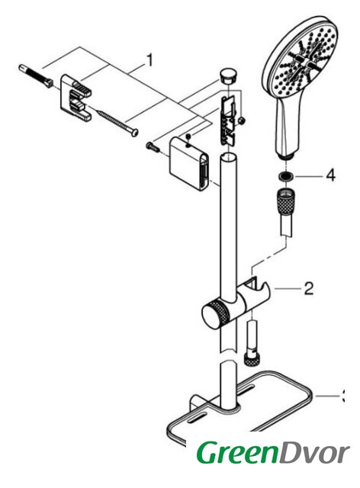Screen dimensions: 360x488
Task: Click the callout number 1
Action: [150, 60]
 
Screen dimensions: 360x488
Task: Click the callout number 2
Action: [308, 289]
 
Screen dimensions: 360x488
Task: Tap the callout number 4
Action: [330, 175]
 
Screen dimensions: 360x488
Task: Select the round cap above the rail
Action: [228, 75]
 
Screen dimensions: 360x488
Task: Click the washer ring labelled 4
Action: [285, 176]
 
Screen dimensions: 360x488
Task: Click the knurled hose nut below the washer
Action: [285, 201]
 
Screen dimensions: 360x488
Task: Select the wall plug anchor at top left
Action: [36, 76]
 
